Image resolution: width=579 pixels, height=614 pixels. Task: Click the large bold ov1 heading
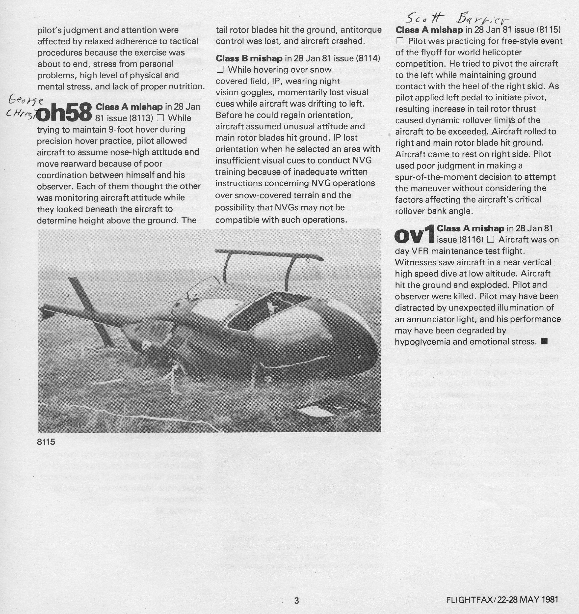point(415,236)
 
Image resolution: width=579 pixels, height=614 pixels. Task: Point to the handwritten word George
point(26,100)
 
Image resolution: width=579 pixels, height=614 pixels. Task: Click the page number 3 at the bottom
point(297,600)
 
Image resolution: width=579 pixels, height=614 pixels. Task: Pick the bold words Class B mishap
point(249,58)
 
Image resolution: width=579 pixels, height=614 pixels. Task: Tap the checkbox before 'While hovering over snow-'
point(220,70)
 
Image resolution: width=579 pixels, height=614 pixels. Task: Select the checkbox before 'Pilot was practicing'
point(400,41)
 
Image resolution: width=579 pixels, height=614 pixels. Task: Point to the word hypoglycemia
point(428,342)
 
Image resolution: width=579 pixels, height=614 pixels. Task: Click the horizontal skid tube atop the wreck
point(268,253)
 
